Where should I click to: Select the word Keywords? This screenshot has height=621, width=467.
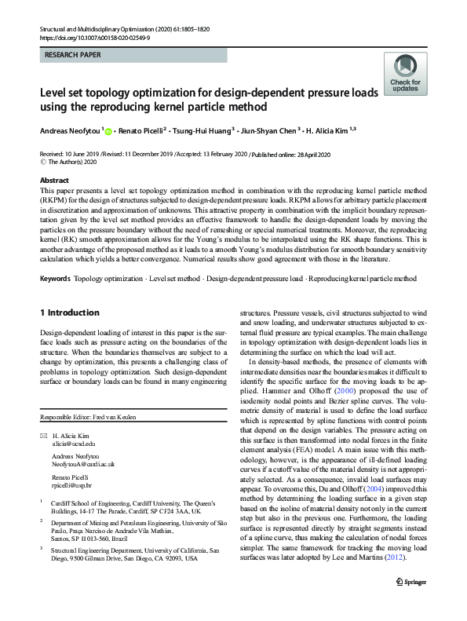(55, 279)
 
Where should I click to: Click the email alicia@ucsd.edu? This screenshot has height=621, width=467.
(74, 444)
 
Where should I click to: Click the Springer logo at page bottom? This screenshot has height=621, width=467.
(413, 603)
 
